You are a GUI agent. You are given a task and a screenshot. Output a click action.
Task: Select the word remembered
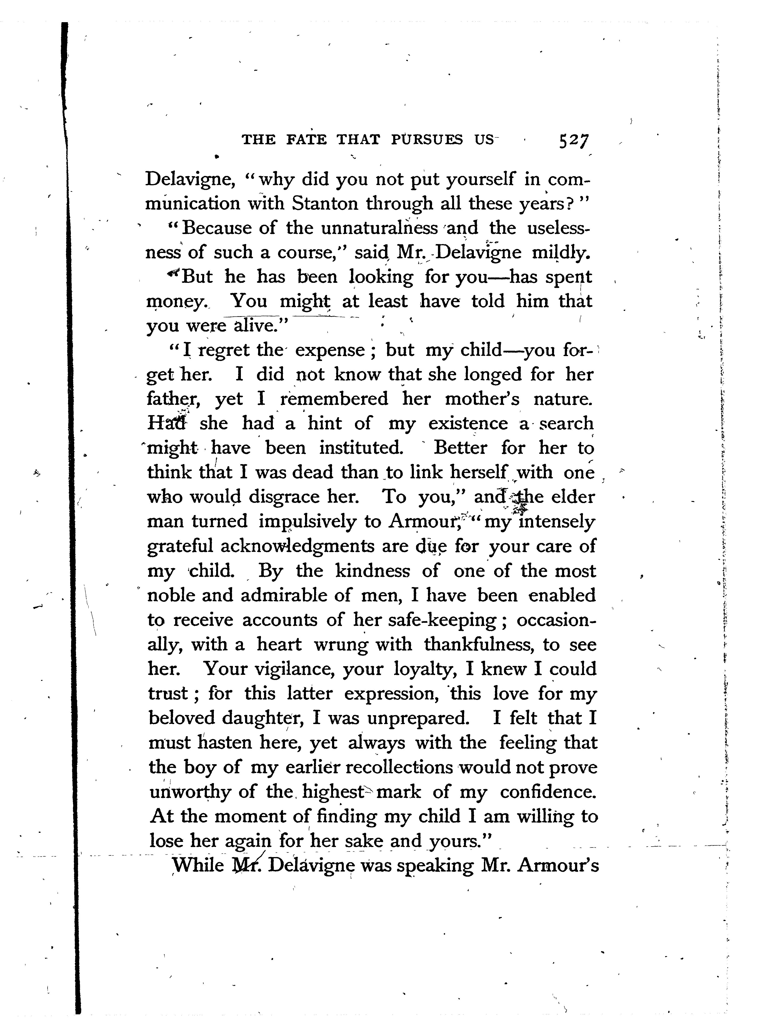tap(334, 399)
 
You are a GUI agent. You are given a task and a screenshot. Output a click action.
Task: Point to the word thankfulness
tap(479, 644)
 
